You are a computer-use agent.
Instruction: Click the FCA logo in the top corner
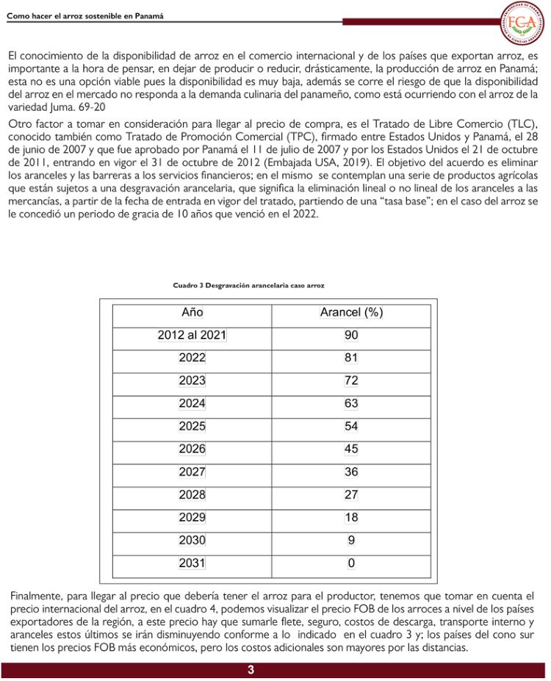click(x=524, y=21)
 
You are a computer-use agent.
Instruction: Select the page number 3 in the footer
click(x=251, y=670)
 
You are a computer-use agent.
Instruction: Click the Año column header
click(x=192, y=312)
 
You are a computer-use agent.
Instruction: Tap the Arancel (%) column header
click(x=351, y=312)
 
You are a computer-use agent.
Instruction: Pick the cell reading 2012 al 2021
click(x=192, y=335)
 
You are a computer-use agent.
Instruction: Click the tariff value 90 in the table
click(x=351, y=335)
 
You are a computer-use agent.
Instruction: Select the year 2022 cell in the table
click(x=192, y=358)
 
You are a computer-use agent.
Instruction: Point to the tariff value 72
click(x=351, y=381)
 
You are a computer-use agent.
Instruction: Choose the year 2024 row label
click(x=192, y=403)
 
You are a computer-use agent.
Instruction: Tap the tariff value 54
click(x=351, y=426)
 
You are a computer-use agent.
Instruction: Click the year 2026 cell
click(x=192, y=449)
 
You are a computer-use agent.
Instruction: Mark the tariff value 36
click(x=351, y=472)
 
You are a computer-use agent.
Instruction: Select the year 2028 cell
click(x=192, y=494)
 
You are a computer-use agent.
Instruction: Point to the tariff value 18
click(x=351, y=517)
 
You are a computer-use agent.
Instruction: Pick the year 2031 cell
click(x=192, y=563)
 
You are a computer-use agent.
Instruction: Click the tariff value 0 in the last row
click(x=351, y=563)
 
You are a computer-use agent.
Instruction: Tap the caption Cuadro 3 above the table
click(x=249, y=284)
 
